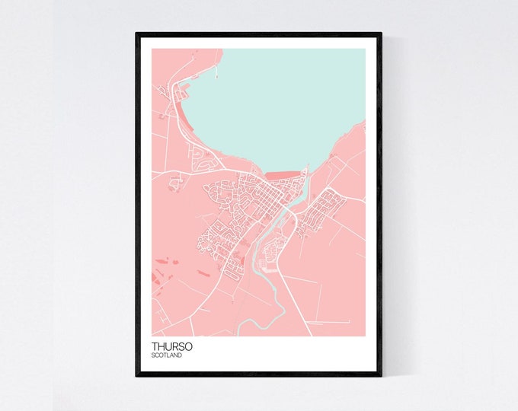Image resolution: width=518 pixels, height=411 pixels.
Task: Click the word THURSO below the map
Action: pyautogui.click(x=171, y=346)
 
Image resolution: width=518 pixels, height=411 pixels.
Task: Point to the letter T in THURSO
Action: pyautogui.click(x=155, y=346)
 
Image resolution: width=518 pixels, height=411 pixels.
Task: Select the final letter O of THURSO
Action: pyautogui.click(x=188, y=346)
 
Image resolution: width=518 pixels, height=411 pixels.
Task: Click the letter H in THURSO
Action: pyautogui.click(x=161, y=346)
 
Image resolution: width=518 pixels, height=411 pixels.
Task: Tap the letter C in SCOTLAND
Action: pyautogui.click(x=158, y=355)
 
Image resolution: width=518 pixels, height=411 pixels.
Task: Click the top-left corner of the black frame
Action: pyautogui.click(x=137, y=33)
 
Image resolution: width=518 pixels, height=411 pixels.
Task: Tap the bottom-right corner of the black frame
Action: pyautogui.click(x=380, y=375)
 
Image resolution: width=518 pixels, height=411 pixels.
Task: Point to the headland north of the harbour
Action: pyautogui.click(x=202, y=58)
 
